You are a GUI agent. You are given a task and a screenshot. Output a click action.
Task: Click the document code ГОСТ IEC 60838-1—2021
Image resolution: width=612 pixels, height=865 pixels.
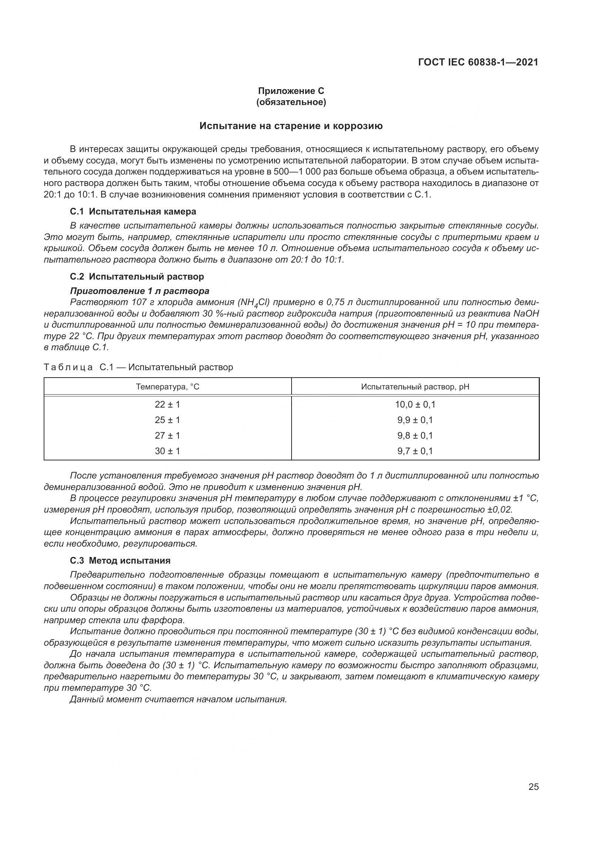click(x=478, y=62)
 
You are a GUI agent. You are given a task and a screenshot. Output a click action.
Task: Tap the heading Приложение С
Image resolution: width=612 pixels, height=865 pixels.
click(x=290, y=91)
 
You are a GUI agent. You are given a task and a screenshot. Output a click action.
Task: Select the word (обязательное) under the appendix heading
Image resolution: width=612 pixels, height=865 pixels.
click(x=290, y=102)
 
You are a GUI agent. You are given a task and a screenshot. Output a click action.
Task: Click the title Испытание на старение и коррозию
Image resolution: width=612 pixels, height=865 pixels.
click(x=290, y=126)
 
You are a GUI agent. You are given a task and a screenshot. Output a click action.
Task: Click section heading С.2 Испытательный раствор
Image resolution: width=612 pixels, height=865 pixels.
click(x=137, y=277)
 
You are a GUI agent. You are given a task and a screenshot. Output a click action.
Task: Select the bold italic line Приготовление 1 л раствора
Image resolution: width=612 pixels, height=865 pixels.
click(x=139, y=291)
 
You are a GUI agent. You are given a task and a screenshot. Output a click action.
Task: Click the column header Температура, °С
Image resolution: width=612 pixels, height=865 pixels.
click(x=167, y=387)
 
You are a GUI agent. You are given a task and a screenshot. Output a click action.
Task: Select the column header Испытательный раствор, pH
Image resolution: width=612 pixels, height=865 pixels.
click(x=415, y=387)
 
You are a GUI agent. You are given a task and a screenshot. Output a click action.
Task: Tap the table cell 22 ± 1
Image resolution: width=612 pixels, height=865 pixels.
click(x=167, y=405)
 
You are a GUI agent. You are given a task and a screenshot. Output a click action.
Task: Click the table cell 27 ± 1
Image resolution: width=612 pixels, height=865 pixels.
click(x=167, y=436)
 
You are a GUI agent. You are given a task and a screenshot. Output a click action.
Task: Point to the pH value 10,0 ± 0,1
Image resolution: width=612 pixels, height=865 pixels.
click(x=415, y=405)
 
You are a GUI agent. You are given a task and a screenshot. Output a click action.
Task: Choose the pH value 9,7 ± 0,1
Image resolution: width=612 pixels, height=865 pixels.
click(x=415, y=451)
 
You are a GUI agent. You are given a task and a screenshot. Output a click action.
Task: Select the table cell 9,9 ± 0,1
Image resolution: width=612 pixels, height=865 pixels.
click(x=415, y=420)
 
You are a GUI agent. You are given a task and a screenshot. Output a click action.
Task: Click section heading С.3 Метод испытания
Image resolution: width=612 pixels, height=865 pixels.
click(x=120, y=561)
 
